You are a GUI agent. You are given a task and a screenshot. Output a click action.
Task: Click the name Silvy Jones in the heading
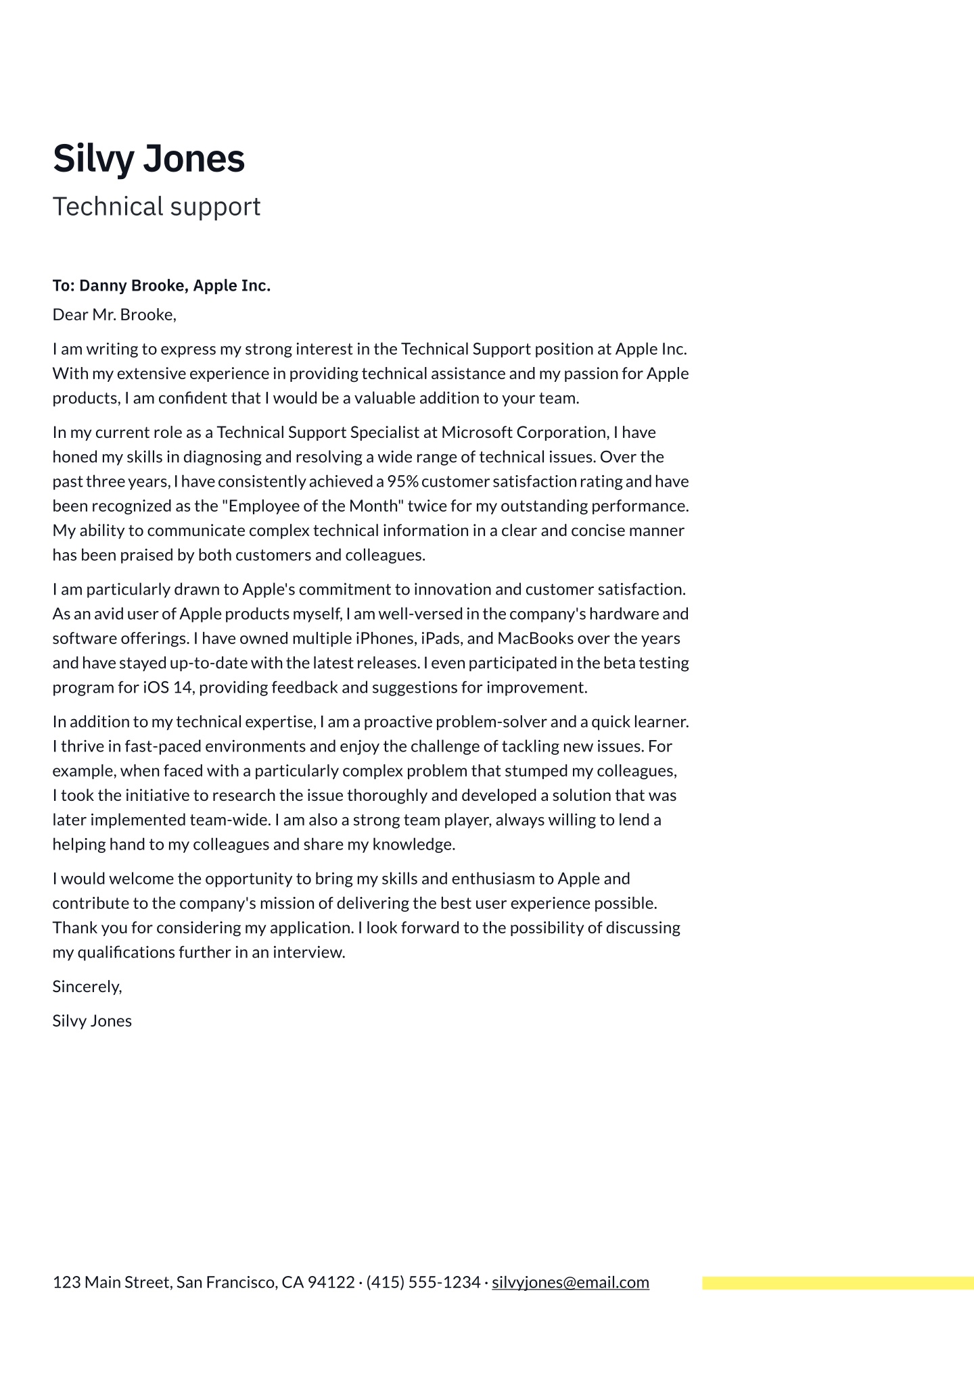pos(148,159)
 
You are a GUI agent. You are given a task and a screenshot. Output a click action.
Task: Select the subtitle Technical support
pos(156,207)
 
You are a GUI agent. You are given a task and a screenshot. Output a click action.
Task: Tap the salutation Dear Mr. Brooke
pos(114,315)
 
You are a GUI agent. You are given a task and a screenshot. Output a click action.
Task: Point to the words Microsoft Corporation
pos(524,433)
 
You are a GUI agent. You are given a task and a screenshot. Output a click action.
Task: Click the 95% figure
pos(402,482)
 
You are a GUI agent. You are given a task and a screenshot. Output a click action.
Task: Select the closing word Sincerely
pos(87,987)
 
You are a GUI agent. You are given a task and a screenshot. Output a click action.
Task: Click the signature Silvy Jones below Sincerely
pos(92,1021)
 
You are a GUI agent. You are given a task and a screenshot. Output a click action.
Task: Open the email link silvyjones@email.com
pos(570,1283)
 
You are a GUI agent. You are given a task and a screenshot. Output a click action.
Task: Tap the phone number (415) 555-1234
pos(423,1283)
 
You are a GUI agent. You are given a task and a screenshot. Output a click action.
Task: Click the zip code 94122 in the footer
pos(331,1283)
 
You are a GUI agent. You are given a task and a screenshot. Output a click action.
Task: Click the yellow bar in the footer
pos(837,1283)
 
